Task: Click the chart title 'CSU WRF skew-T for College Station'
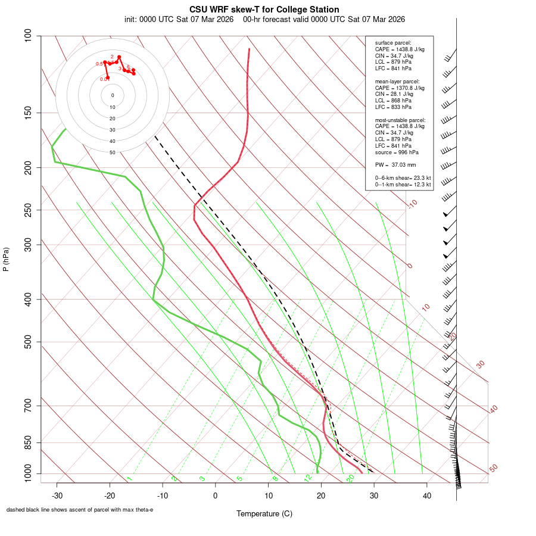click(264, 10)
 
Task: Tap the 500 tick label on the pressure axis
click(29, 342)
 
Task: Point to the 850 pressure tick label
click(29, 442)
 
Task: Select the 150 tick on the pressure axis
click(29, 113)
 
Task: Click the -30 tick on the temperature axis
click(57, 496)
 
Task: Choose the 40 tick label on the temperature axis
click(426, 496)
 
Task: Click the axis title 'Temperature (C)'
click(264, 513)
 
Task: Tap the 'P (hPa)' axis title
click(6, 260)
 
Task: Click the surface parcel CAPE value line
click(400, 49)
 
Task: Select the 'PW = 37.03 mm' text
click(395, 164)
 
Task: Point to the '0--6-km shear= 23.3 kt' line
click(403, 178)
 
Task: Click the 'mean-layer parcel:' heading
click(397, 81)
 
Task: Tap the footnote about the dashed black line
click(80, 510)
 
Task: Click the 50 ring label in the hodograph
click(113, 152)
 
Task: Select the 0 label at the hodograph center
click(113, 95)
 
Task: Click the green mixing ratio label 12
click(308, 478)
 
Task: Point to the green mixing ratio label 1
click(129, 478)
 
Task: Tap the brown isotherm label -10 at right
click(412, 204)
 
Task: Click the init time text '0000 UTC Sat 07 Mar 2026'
click(179, 19)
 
